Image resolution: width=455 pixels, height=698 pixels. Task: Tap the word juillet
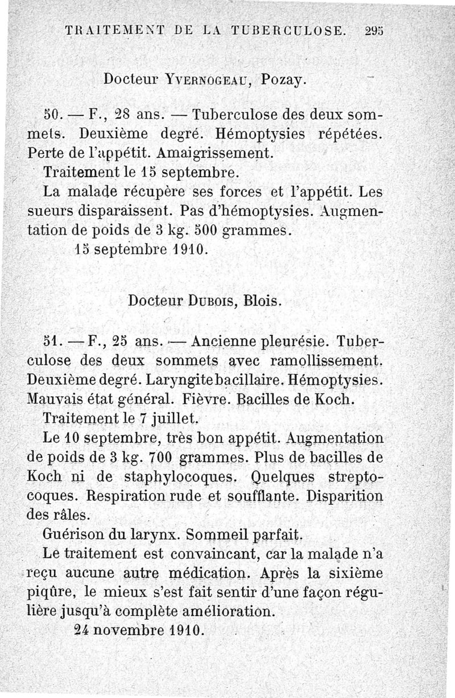click(172, 418)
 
